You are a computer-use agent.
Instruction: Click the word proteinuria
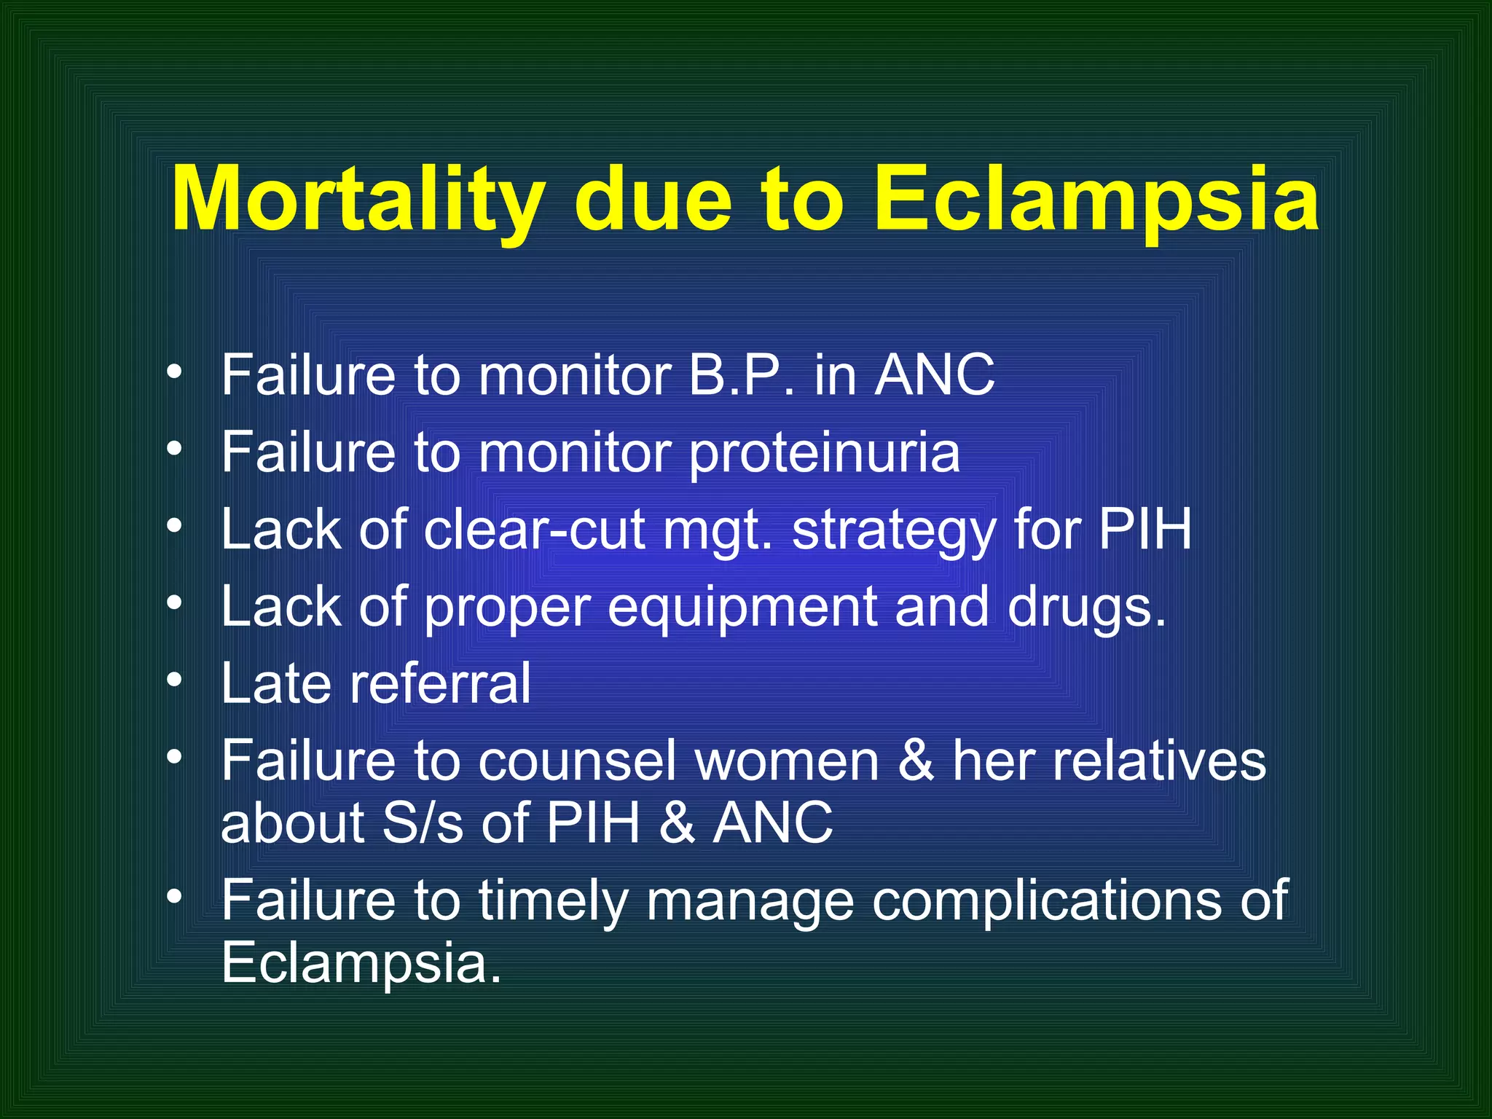click(x=824, y=453)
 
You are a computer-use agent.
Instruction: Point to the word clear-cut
click(x=535, y=530)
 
